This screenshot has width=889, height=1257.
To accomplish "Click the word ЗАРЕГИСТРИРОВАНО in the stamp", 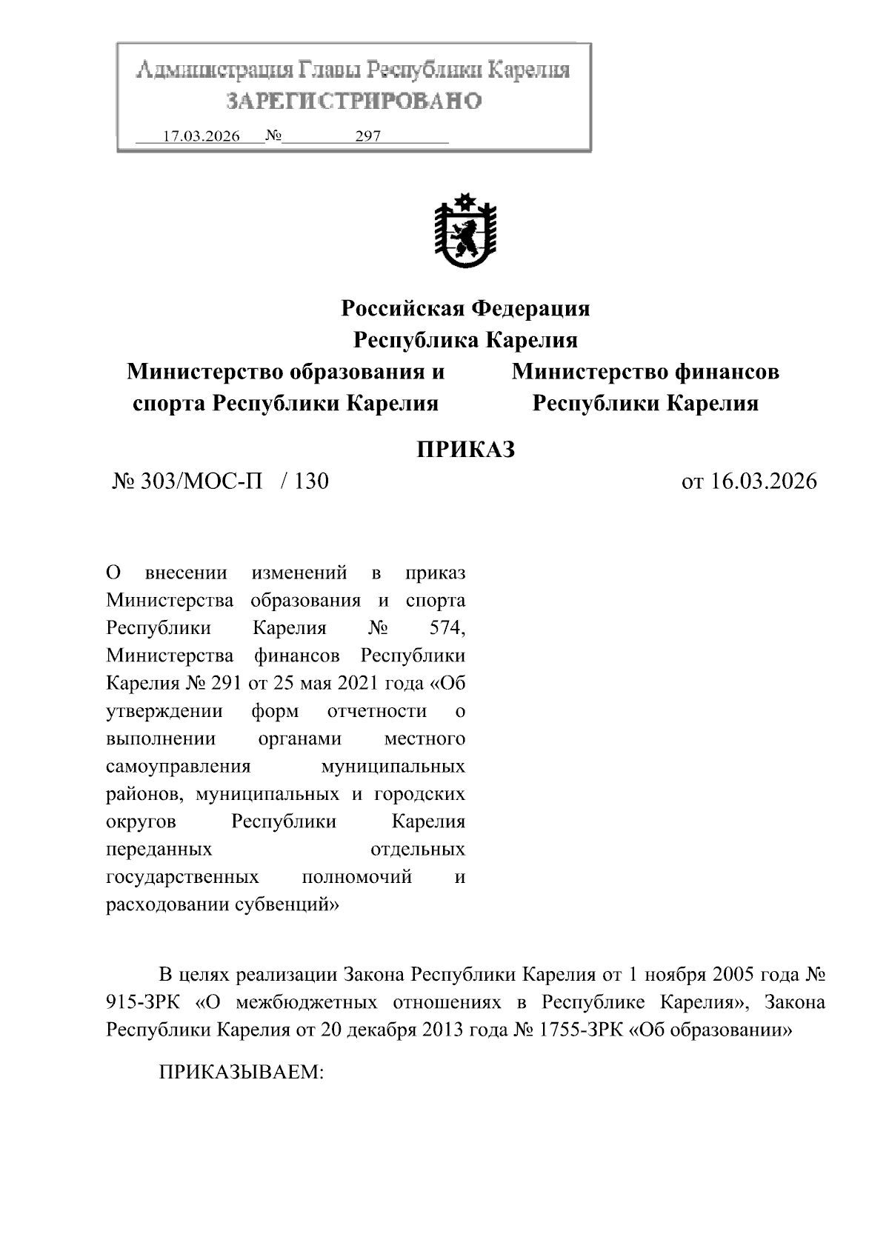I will [x=353, y=100].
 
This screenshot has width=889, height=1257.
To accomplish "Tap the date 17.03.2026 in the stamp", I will [x=201, y=137].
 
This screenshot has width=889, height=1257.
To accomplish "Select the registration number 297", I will [x=367, y=137].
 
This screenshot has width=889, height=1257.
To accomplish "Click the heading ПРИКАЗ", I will [x=465, y=449].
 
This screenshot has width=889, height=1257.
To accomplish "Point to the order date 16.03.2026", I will [x=763, y=481].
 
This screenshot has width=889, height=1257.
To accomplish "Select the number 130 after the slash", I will [x=311, y=481].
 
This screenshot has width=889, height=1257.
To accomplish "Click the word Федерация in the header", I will [x=530, y=307].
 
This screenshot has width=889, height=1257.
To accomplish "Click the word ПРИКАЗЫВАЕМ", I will [x=242, y=1072].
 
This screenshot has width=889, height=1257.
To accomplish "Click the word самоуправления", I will [x=179, y=767].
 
